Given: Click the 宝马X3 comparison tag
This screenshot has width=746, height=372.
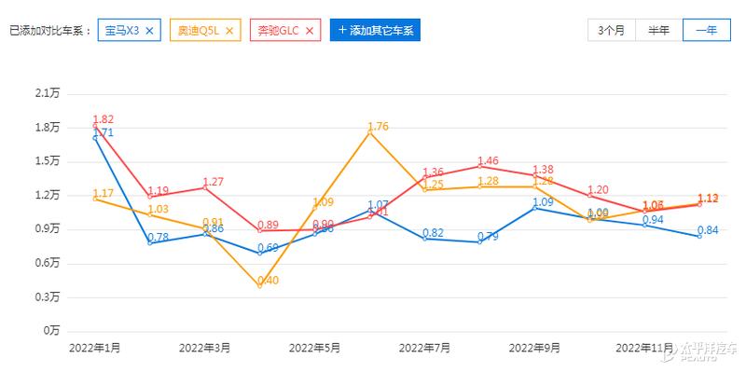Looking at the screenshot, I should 122,31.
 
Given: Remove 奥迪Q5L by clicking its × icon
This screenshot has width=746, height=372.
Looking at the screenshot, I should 230,31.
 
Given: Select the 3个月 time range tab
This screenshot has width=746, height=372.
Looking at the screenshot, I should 611,30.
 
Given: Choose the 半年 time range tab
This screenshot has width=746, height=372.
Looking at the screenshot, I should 658,30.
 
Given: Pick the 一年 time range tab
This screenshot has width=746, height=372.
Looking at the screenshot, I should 706,30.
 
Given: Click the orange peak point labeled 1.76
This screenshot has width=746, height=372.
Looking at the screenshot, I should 370,133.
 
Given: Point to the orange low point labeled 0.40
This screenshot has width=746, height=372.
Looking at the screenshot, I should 260,285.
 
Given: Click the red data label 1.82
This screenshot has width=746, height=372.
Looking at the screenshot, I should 104,119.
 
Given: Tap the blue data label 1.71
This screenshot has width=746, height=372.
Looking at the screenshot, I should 104,132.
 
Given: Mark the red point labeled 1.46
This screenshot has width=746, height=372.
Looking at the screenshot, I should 479,166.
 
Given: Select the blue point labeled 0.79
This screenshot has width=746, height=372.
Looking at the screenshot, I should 479,241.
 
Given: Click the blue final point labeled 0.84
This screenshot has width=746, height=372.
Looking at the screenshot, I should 699,236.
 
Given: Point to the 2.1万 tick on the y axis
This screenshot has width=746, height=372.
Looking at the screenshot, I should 46,93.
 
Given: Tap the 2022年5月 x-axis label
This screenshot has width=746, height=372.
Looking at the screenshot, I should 314,348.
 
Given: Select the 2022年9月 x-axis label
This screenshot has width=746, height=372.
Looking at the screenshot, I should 534,348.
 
